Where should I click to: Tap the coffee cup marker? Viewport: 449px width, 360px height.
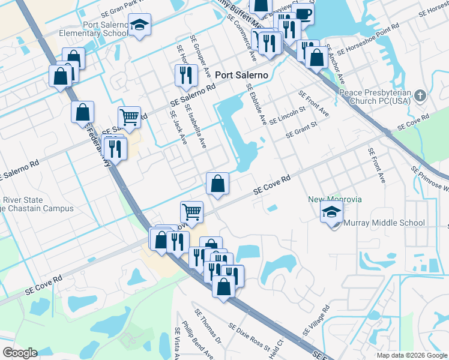(303, 13)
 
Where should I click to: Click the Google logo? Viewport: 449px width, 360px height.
(20, 353)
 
